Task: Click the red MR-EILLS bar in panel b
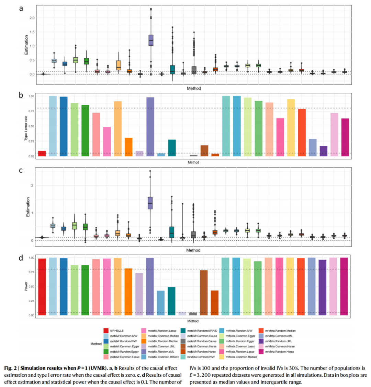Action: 42,153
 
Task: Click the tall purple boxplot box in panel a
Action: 151,40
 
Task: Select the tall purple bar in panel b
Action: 150,127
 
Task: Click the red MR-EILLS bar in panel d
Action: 42,287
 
